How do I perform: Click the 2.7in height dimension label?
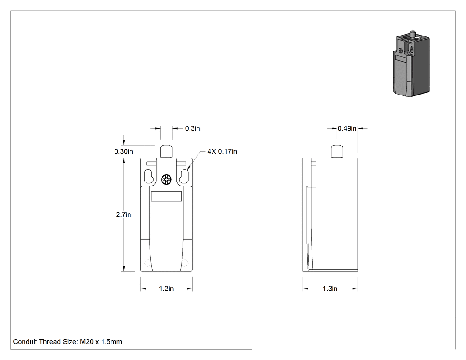(123, 214)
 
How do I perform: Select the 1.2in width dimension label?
(166, 289)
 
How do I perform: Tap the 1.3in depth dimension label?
(330, 289)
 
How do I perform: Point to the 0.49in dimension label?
(347, 128)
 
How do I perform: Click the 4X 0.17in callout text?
(222, 152)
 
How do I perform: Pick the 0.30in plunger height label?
(124, 152)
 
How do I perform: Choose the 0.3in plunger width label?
(192, 128)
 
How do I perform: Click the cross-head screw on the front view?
(166, 179)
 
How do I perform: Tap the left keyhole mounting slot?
(149, 176)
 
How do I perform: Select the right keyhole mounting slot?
(184, 176)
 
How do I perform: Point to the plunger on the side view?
(337, 151)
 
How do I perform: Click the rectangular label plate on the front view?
(166, 196)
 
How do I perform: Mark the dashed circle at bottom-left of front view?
(147, 263)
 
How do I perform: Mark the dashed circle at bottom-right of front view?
(185, 263)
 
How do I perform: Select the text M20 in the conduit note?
(87, 342)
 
